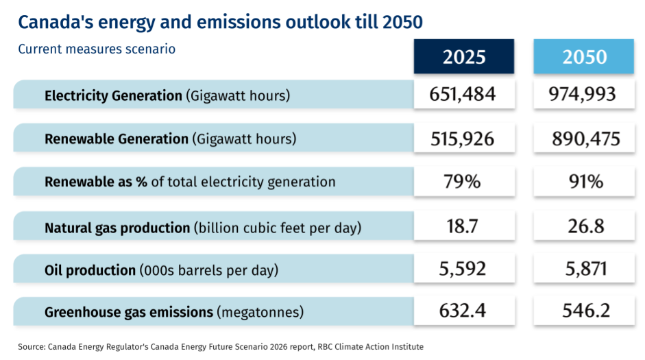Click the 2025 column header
[463, 56]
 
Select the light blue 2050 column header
[584, 56]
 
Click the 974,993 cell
[584, 94]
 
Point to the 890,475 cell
[584, 139]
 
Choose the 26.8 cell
[584, 226]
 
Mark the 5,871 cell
[584, 269]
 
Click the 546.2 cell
[584, 311]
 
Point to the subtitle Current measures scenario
[97, 49]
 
